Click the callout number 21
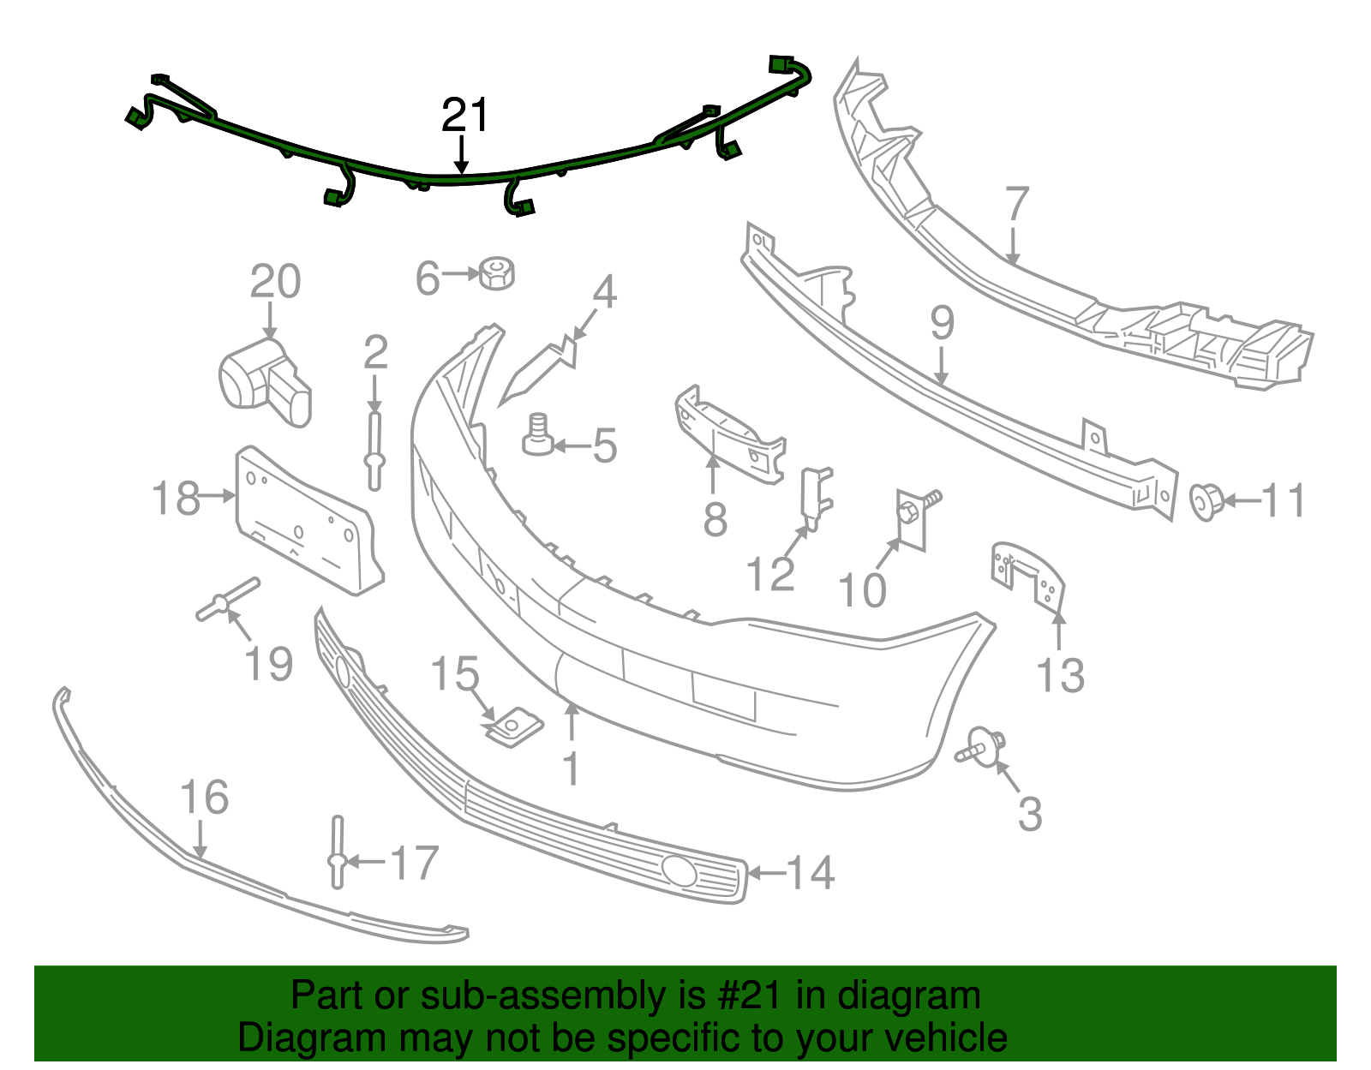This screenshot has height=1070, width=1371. pyautogui.click(x=465, y=116)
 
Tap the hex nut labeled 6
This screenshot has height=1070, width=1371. pyautogui.click(x=496, y=272)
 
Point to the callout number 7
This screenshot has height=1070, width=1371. pyautogui.click(x=1016, y=206)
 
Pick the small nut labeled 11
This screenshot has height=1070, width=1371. pyautogui.click(x=1206, y=501)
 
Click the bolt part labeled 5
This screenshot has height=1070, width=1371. pyautogui.click(x=537, y=435)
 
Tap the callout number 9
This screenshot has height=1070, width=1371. pyautogui.click(x=942, y=323)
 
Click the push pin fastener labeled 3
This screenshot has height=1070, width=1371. pyautogui.click(x=982, y=745)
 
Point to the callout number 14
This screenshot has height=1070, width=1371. pyautogui.click(x=811, y=873)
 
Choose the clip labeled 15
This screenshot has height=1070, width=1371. pyautogui.click(x=513, y=726)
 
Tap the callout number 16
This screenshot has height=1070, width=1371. pyautogui.click(x=205, y=798)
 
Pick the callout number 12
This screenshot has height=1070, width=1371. pyautogui.click(x=770, y=574)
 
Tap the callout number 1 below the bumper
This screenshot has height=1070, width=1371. pyautogui.click(x=572, y=768)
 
